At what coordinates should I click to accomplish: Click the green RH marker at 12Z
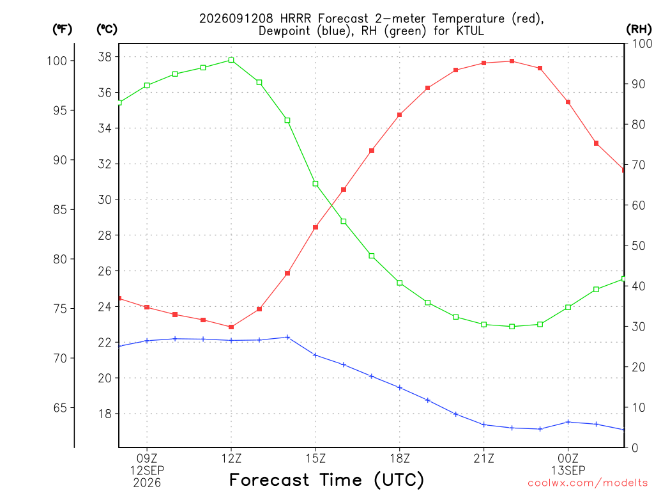pos(231,60)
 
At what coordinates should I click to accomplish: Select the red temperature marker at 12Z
pos(231,327)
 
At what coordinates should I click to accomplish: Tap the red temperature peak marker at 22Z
pos(512,61)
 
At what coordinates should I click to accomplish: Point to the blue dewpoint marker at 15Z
pos(316,355)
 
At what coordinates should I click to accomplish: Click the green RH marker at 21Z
pos(484,324)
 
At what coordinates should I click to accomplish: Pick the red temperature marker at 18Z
pos(400,115)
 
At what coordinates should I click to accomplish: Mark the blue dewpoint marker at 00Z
pos(568,422)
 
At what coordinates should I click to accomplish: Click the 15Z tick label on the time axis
pos(316,459)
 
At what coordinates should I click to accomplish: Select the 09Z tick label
pos(147,459)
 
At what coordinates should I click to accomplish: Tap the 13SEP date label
pos(568,471)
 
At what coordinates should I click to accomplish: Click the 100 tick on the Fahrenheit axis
pos(57,61)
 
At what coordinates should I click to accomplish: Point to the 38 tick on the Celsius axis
pos(105,57)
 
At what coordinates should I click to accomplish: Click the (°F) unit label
pos(62,29)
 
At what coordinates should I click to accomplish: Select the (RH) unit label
pos(639,29)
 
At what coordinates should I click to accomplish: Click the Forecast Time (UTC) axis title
pos(326,480)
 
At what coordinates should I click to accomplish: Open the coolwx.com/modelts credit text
pos(588,483)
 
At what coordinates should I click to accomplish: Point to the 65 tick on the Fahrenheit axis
pos(60,408)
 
